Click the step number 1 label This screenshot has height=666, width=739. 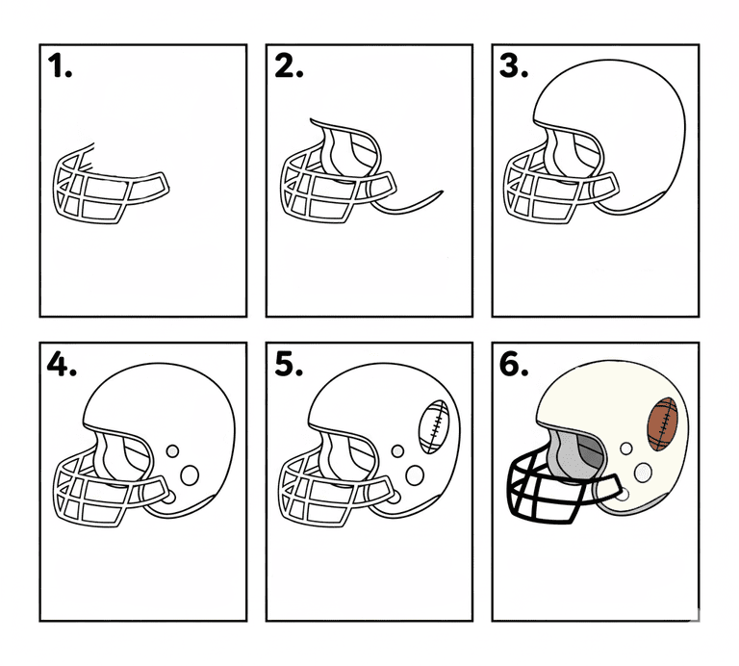[60, 65]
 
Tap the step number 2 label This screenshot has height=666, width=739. [289, 65]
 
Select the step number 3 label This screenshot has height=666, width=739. [514, 65]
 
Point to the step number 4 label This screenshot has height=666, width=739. [62, 365]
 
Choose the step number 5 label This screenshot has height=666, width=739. [289, 365]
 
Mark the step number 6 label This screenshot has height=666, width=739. [514, 365]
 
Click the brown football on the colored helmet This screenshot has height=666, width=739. [663, 423]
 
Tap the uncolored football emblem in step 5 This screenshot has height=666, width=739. [434, 427]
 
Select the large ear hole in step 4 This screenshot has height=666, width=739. [190, 475]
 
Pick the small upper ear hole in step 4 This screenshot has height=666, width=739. [172, 451]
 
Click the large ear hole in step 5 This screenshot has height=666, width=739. [416, 475]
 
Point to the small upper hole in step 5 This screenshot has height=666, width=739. [397, 451]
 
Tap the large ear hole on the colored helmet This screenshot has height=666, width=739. [643, 473]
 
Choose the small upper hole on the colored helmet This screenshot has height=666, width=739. [626, 448]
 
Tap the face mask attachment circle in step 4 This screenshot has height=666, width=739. [168, 497]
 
